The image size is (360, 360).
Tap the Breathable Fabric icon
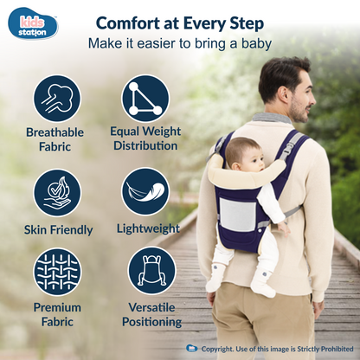click(x=58, y=97)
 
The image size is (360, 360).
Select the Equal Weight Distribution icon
click(x=145, y=97)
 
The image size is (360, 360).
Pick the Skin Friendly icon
click(x=58, y=191)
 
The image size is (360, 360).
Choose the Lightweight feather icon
click(x=145, y=191)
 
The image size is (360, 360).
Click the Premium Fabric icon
click(x=58, y=271)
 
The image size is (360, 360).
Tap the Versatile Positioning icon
click(x=151, y=271)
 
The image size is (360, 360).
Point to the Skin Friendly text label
click(x=58, y=229)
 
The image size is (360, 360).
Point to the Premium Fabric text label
click(x=58, y=314)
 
